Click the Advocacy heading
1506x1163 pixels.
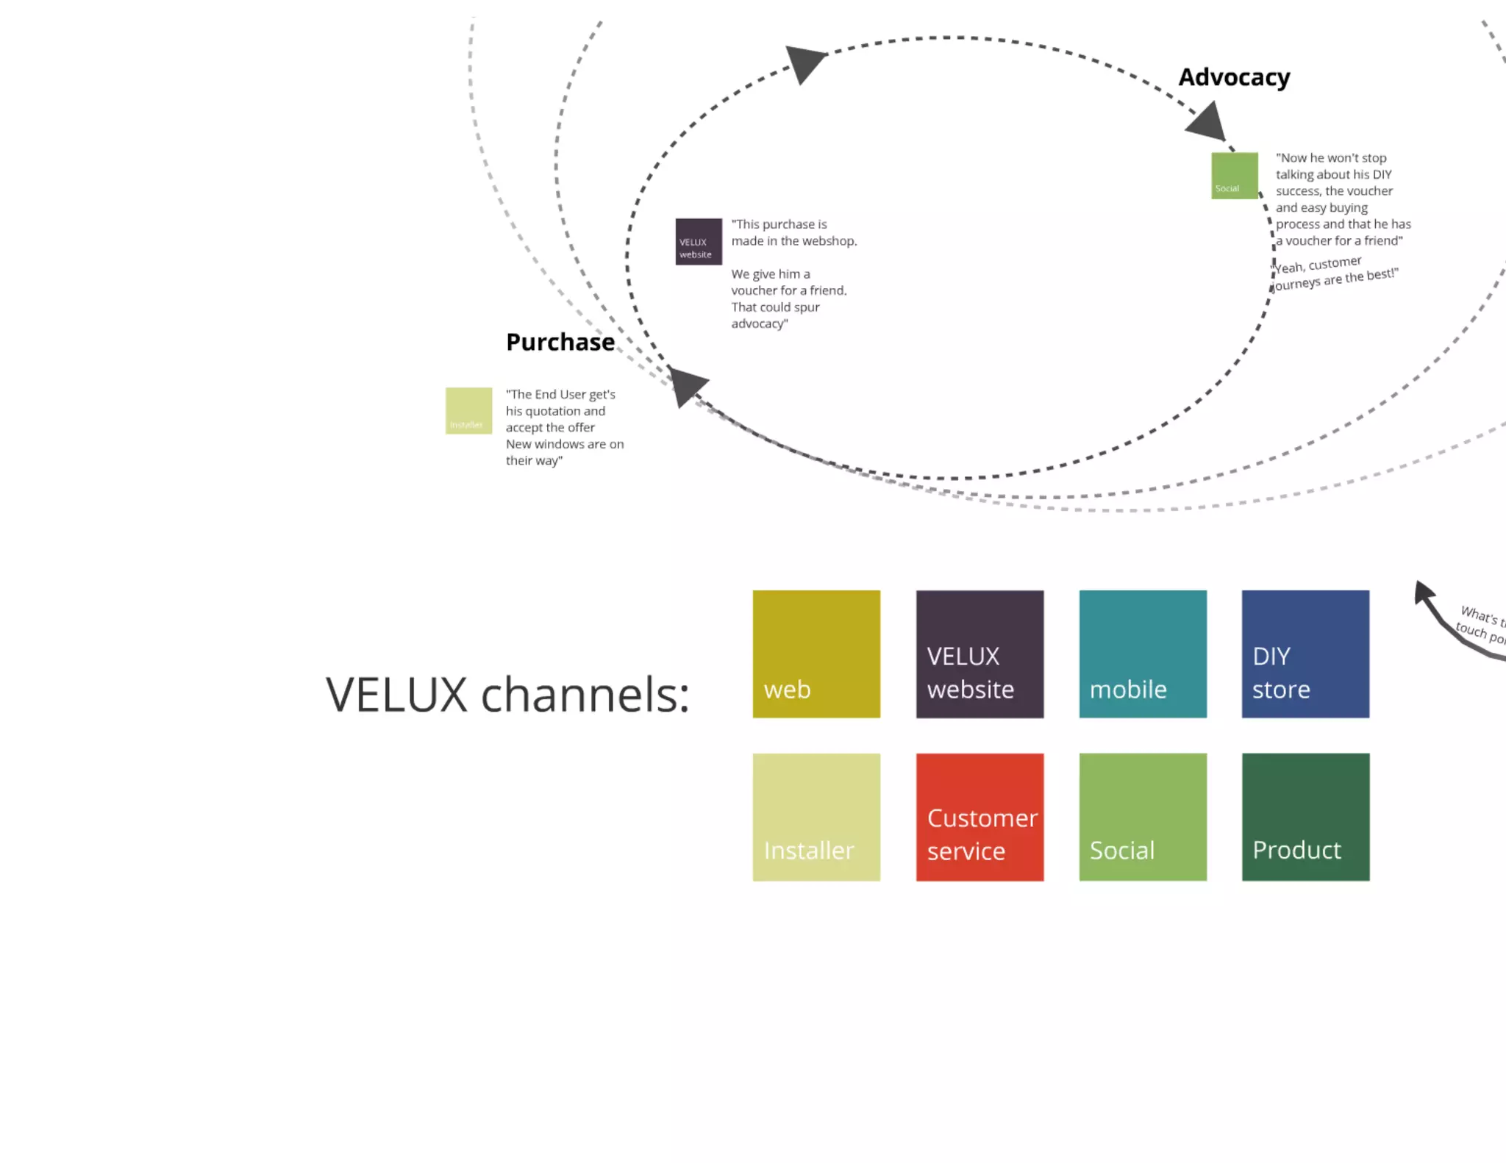tap(1233, 77)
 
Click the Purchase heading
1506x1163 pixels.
tap(560, 342)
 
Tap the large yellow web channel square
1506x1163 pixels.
tap(816, 654)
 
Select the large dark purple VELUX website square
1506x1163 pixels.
tap(979, 654)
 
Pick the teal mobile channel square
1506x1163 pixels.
tap(1143, 654)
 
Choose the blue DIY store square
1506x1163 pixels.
tap(1305, 654)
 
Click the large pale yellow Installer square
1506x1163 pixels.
tap(816, 817)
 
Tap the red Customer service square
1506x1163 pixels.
tap(979, 817)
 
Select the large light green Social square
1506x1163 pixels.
tap(1143, 817)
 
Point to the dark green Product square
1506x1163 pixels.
tap(1305, 817)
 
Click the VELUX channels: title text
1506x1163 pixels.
tap(507, 695)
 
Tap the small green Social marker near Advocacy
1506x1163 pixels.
tap(1234, 176)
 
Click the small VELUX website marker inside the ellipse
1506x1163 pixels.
tap(698, 241)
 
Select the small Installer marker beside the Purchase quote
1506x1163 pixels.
tap(468, 410)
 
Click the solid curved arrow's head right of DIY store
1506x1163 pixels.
tap(1423, 591)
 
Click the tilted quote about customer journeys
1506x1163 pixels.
tap(1335, 273)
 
